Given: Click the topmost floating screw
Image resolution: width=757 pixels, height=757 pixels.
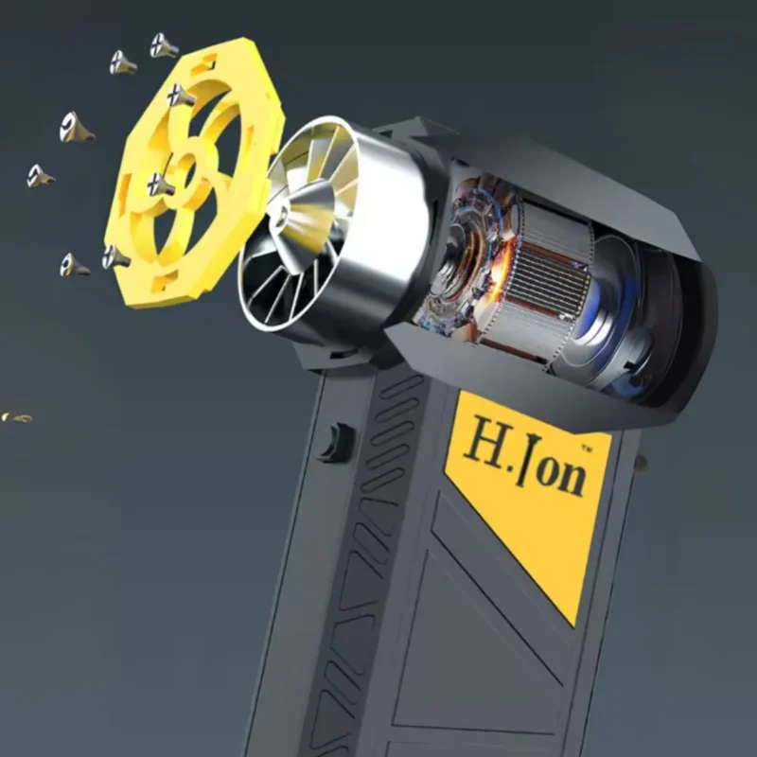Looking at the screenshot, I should click(163, 44).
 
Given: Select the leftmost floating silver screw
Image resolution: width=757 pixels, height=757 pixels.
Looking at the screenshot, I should click(39, 176).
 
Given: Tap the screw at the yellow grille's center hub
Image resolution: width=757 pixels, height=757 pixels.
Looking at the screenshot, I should click(160, 184).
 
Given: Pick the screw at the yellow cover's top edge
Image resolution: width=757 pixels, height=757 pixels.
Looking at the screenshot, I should click(181, 95).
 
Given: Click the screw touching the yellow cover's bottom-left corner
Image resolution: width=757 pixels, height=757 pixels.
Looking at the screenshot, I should click(114, 256).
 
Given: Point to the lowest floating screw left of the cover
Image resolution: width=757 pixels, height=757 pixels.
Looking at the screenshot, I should click(72, 266).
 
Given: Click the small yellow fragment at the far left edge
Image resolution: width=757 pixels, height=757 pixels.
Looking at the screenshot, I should click(16, 417).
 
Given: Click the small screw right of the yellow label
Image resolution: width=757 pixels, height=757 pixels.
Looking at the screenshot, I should click(641, 465).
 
